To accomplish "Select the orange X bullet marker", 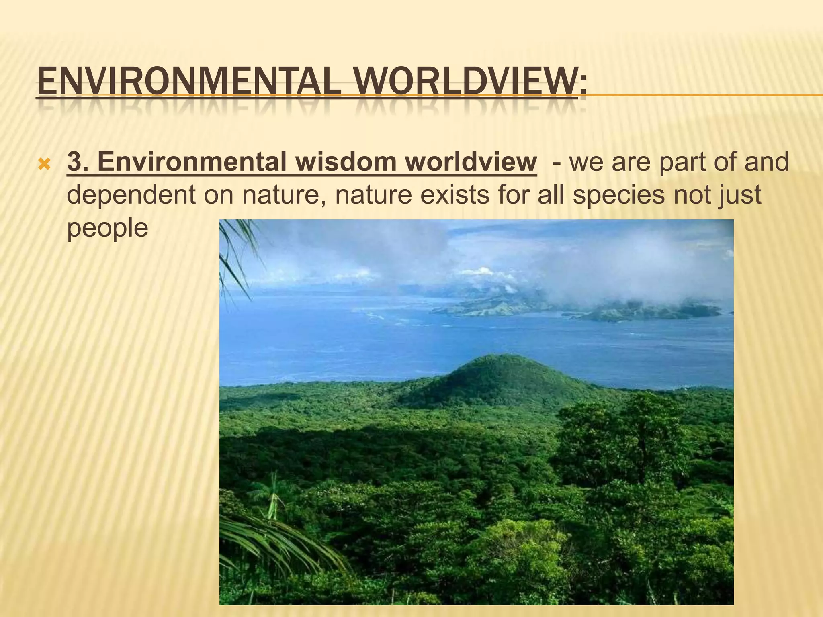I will tap(44, 164).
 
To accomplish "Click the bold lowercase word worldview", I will tap(471, 162).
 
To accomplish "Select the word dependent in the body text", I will tap(131, 195).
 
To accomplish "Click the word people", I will tap(107, 228).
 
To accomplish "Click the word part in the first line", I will tap(680, 162).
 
